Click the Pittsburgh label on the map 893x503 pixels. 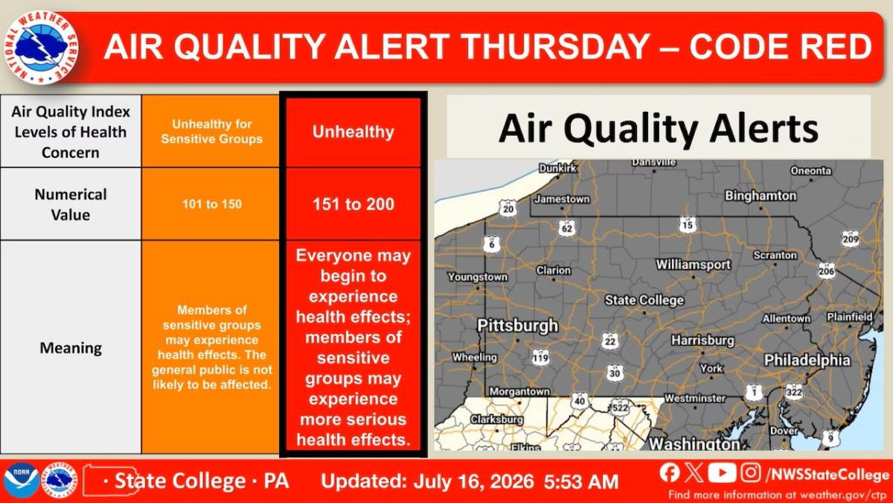(x=517, y=326)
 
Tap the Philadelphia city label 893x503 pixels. (x=807, y=360)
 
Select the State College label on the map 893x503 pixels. (x=644, y=300)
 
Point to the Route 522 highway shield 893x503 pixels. (x=619, y=408)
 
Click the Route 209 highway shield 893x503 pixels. (x=851, y=238)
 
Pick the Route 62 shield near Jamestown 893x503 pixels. (x=567, y=228)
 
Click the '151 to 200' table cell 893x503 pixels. (x=353, y=204)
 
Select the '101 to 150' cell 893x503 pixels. (x=211, y=204)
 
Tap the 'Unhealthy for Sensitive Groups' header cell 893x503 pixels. (x=211, y=131)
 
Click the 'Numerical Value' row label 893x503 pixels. (x=71, y=204)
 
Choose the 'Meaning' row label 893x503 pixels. (x=71, y=348)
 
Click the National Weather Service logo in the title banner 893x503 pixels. (x=41, y=47)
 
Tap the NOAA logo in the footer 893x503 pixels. (x=22, y=480)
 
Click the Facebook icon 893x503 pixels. (x=670, y=472)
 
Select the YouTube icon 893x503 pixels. (x=722, y=472)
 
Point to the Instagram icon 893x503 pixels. (x=751, y=472)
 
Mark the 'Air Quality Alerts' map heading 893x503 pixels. (x=658, y=128)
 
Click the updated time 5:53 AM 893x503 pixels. (x=581, y=481)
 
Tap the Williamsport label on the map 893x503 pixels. (x=694, y=265)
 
